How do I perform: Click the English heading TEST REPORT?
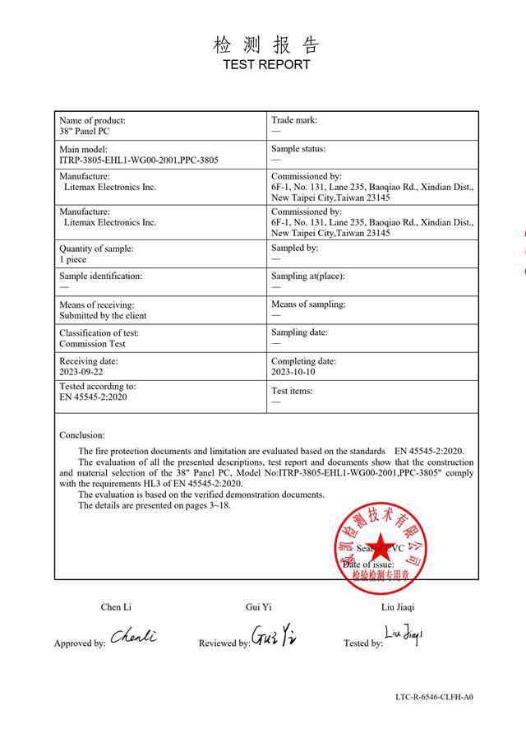pos(266,64)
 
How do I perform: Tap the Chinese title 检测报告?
pos(265,44)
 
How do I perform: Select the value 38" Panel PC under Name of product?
pos(85,132)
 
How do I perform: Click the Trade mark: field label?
pos(294,120)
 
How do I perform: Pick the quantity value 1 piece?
pos(73,259)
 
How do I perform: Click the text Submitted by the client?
pos(103,315)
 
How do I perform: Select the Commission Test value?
pos(92,344)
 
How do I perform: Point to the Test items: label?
pos(292,391)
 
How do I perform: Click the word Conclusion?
pos(82,434)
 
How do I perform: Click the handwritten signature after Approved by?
pos(133,637)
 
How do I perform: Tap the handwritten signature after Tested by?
pos(404,634)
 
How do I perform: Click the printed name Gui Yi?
pos(258,607)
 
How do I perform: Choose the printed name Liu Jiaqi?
pos(399,607)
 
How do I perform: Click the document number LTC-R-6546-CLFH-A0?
pos(434,697)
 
